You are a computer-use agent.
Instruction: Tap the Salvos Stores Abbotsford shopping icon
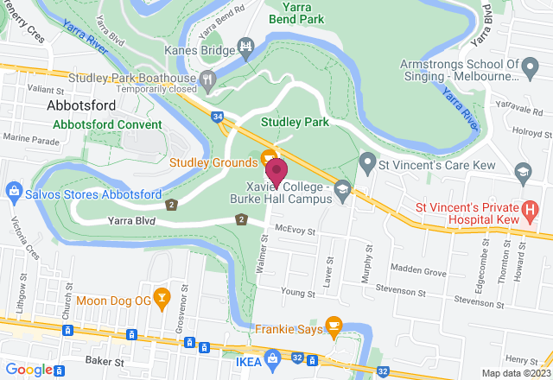coord(13,189)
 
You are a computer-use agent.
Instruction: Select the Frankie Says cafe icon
coord(334,327)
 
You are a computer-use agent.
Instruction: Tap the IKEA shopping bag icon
coord(272,357)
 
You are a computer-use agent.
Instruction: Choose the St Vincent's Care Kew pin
coord(367,161)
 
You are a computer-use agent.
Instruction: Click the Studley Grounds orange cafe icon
coord(269,159)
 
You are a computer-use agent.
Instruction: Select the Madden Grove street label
coord(423,272)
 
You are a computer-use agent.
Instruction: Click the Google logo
coord(29,370)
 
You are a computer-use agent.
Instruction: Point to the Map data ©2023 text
coord(515,373)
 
